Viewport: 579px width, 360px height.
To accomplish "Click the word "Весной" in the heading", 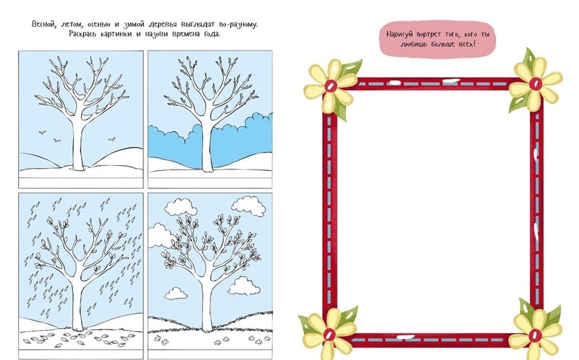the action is (x=43, y=25).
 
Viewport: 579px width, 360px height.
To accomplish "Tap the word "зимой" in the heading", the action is (x=133, y=25).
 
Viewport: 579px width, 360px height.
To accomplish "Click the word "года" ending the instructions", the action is (x=211, y=34).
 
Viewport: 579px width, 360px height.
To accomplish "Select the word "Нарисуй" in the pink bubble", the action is (x=400, y=34).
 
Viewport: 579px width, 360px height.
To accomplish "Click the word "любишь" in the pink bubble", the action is (x=413, y=44).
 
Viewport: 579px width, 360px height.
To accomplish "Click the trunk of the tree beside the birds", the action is (x=78, y=144).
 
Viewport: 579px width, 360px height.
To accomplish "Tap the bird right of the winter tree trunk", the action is (x=111, y=139).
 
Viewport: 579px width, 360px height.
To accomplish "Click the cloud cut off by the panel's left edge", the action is (x=159, y=236).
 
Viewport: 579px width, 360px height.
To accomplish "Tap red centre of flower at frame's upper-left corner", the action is (x=331, y=86).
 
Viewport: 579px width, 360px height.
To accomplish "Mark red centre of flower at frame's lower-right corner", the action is (x=535, y=335).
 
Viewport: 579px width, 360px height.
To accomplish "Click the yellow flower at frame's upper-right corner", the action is (x=536, y=84).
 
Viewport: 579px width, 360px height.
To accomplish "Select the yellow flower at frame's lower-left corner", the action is (x=329, y=335).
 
